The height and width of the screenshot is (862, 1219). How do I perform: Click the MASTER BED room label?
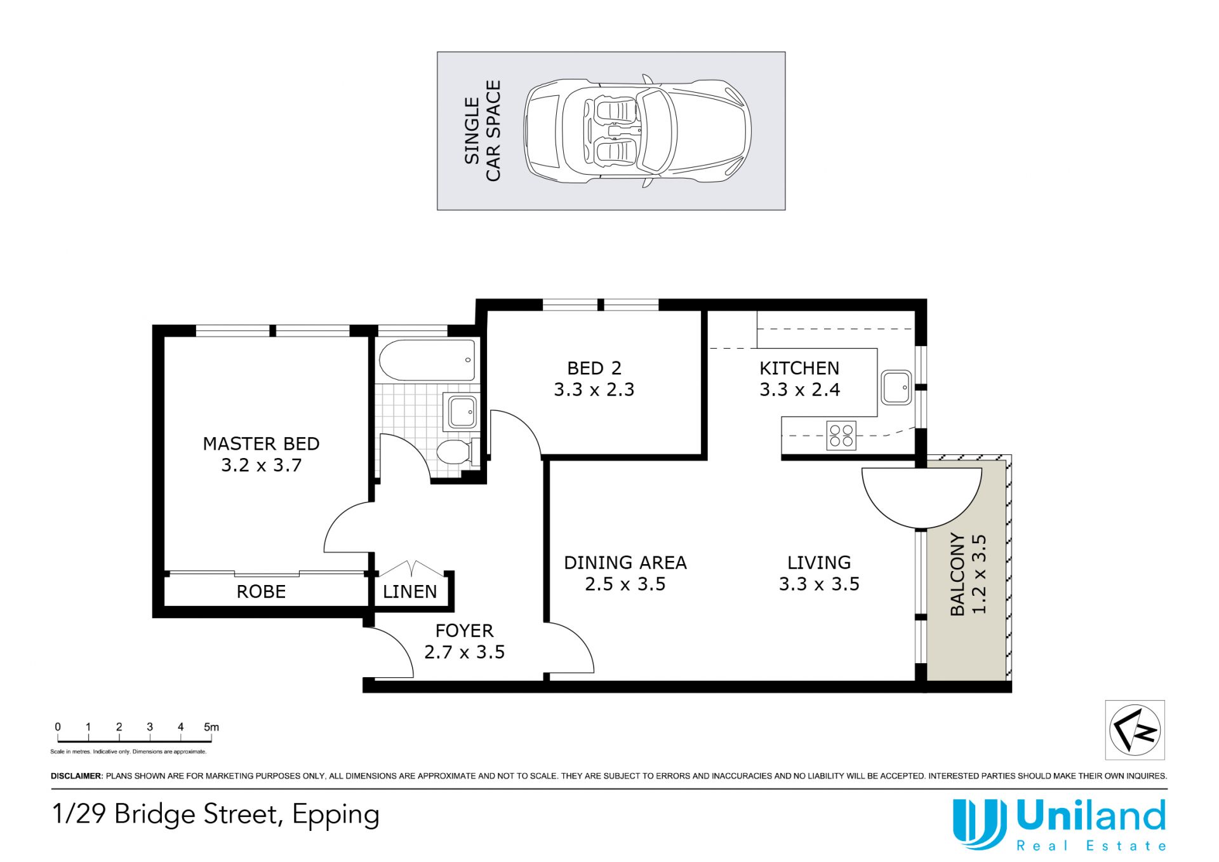(x=261, y=443)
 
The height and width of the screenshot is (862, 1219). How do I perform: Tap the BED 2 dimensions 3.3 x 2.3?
(x=594, y=389)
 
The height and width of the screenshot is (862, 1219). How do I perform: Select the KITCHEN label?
(x=799, y=368)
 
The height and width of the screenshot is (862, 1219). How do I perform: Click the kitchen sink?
(x=896, y=387)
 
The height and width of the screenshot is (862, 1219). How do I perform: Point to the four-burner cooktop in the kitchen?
(x=841, y=436)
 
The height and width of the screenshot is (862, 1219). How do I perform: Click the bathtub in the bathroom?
(x=427, y=360)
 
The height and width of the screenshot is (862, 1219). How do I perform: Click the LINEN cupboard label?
(x=410, y=591)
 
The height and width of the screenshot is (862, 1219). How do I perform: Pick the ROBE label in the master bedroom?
(x=261, y=591)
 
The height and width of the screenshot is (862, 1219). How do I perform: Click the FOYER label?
(x=464, y=631)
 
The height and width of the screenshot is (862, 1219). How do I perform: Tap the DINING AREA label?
(x=625, y=563)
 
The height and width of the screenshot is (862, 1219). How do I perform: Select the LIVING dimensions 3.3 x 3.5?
(x=819, y=584)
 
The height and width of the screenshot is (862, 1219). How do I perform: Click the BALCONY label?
(x=957, y=574)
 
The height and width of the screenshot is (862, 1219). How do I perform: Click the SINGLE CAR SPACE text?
(x=483, y=131)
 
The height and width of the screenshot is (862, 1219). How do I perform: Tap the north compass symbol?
(x=1135, y=730)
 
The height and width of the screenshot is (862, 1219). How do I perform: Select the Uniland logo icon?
(x=979, y=824)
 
